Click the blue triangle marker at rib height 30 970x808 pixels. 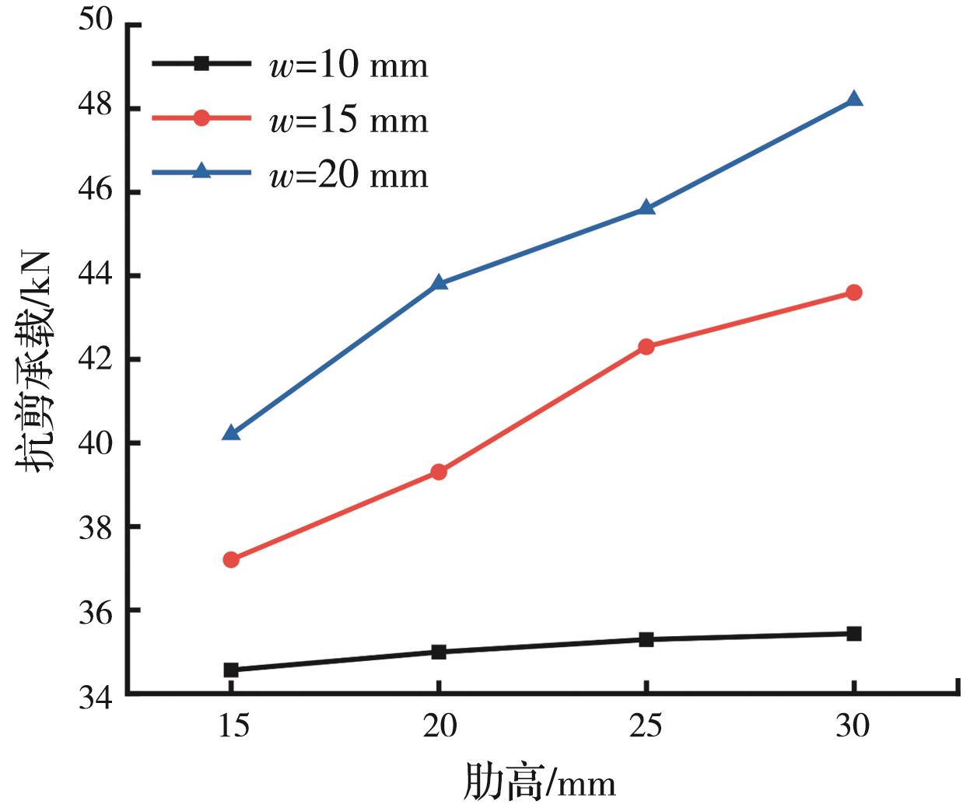[853, 99]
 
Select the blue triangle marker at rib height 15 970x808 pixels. [231, 432]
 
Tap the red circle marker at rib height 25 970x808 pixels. [646, 346]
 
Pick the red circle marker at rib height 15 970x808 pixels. [231, 559]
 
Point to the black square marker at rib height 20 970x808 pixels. [439, 652]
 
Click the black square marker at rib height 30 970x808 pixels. [853, 633]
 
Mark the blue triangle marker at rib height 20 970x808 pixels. [439, 282]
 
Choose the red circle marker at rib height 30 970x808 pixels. [853, 292]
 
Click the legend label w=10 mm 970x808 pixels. [348, 65]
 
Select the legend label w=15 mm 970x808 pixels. [348, 121]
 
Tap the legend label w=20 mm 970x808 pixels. [348, 176]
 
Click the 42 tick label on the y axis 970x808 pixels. [96, 359]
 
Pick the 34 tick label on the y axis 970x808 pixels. [96, 696]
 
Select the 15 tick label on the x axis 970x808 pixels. [231, 726]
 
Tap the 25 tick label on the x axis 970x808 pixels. [646, 726]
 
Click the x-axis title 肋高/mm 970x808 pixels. [540, 782]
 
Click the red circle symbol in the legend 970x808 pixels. [201, 118]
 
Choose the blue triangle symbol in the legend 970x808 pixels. [201, 172]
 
